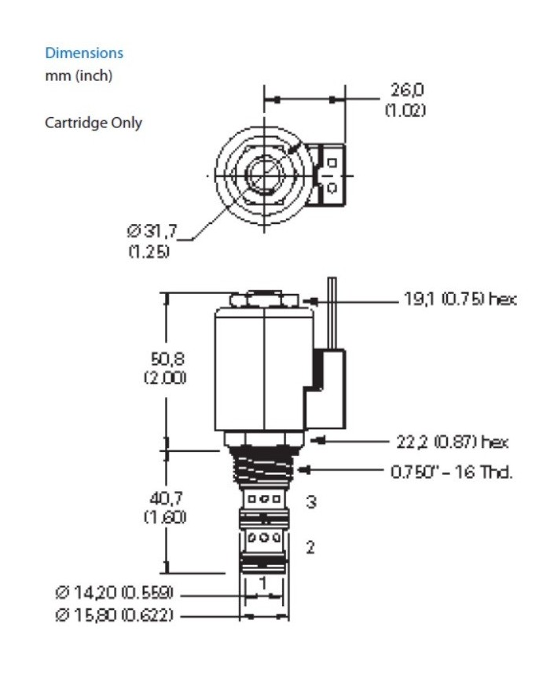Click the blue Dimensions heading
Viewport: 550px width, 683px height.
coord(84,53)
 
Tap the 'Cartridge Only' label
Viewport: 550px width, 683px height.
coord(93,123)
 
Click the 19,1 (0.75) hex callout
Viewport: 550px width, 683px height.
coord(460,299)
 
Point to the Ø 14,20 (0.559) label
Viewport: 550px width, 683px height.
coord(114,592)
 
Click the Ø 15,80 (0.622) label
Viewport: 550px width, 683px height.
coord(114,615)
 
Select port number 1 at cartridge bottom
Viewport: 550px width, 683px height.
coord(264,582)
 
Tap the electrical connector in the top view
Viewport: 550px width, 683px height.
coord(329,175)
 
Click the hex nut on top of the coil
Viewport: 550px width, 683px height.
coord(265,299)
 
